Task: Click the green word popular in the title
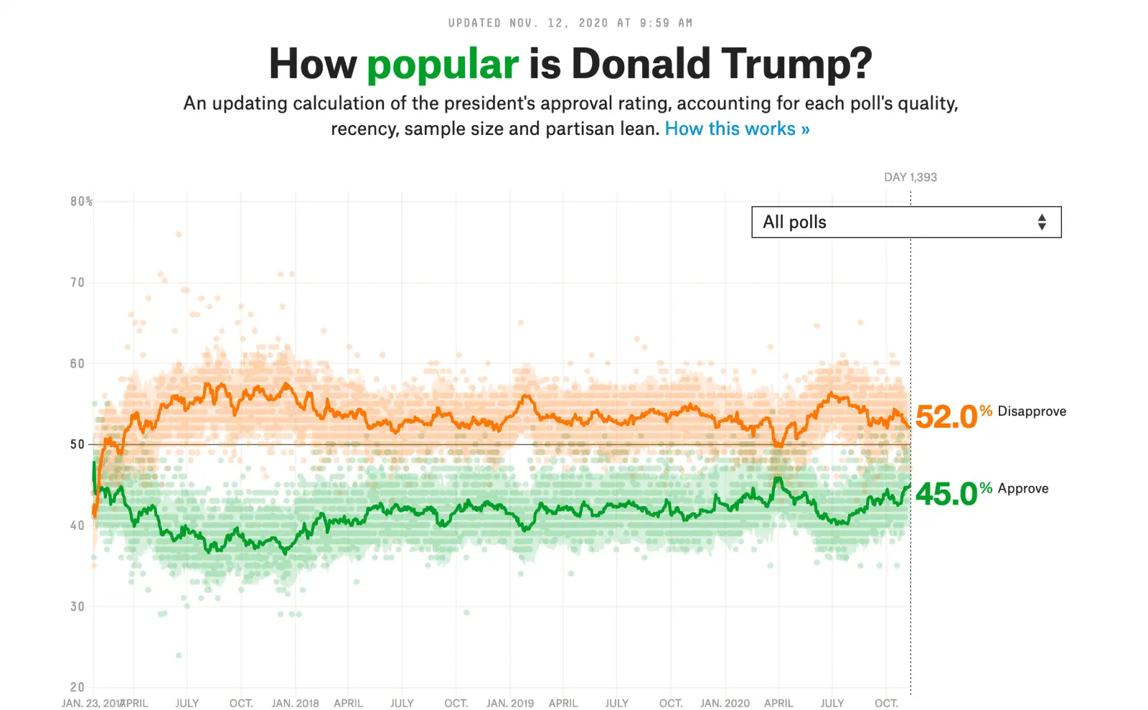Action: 442,65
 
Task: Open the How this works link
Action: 737,129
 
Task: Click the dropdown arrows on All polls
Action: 1042,223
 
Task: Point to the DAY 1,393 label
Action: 910,177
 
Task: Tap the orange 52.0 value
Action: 946,417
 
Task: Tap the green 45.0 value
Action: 946,494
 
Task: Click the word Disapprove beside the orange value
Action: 1031,411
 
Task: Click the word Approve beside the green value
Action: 1022,489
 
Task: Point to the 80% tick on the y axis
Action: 81,202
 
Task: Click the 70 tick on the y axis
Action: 77,283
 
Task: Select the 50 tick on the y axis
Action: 77,444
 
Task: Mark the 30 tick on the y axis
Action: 77,607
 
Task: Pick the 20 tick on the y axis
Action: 77,687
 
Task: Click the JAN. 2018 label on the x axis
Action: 295,704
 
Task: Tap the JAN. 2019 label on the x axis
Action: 509,704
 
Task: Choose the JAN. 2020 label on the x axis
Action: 725,704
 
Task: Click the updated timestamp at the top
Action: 570,23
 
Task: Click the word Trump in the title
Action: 796,65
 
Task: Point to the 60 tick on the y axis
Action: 77,364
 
